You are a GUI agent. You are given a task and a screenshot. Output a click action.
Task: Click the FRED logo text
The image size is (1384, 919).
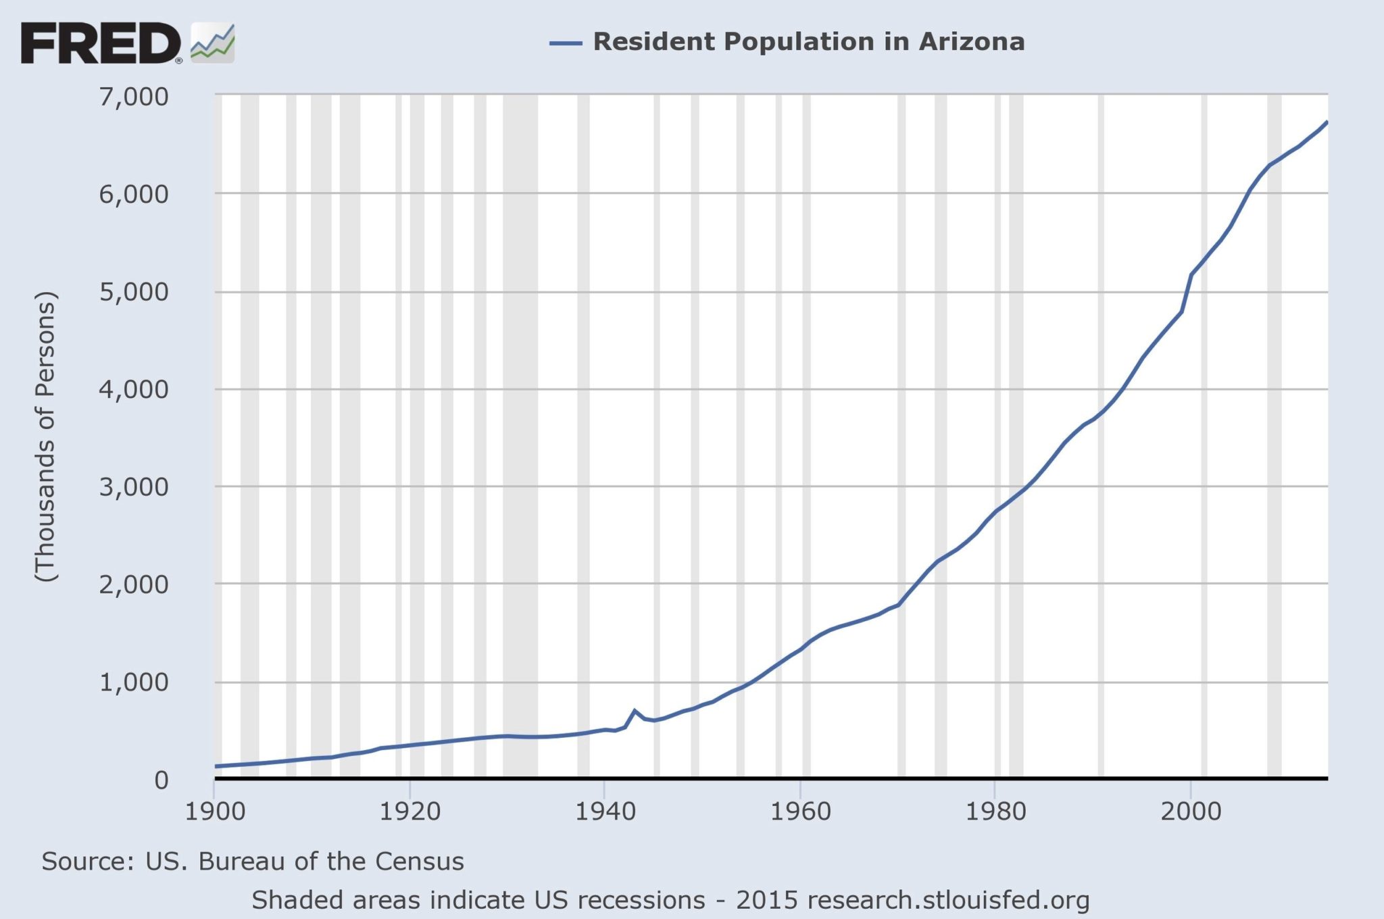pos(100,43)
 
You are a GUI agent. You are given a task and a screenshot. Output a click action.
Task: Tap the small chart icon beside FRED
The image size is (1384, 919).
pos(213,43)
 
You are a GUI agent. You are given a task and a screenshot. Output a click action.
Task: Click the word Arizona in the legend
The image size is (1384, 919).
pos(971,42)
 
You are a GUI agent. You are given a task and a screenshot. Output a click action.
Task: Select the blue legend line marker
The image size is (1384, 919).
pos(565,43)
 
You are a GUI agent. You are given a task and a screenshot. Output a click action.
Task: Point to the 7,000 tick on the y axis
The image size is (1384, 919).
pos(133,97)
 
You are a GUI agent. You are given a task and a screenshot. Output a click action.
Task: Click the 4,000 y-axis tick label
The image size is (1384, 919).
pos(133,389)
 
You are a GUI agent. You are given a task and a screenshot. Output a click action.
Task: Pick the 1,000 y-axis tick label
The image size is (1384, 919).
pos(133,682)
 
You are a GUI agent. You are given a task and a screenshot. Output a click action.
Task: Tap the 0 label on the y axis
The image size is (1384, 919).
pos(161,780)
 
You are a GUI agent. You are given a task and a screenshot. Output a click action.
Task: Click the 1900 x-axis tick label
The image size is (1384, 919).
pos(214,811)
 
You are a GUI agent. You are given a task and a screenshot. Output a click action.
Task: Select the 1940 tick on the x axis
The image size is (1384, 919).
pos(605,811)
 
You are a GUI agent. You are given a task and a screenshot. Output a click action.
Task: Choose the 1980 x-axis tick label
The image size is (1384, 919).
pos(995,811)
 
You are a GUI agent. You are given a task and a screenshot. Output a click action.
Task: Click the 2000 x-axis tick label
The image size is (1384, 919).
pos(1191,811)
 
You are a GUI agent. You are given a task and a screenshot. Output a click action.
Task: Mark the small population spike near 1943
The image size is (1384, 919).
pos(634,711)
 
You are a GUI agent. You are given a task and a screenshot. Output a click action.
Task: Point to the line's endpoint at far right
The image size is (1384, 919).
pos(1327,122)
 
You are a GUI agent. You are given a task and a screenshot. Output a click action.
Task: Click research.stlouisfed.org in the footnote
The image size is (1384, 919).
pos(948,901)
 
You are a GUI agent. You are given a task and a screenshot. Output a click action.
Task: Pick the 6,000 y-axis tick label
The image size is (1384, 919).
pos(133,194)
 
